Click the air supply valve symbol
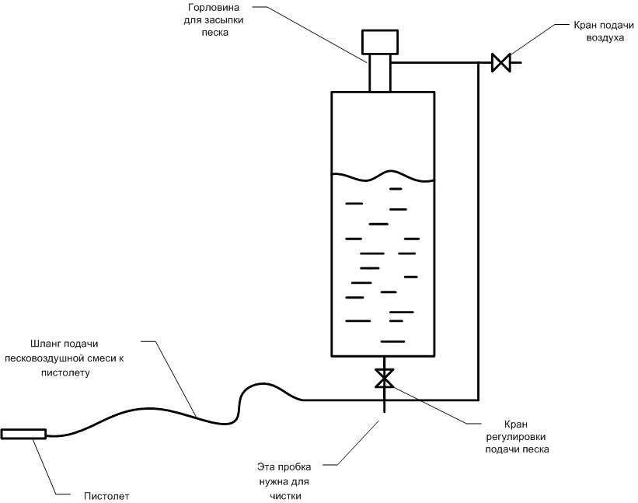click(x=501, y=63)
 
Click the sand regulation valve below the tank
click(x=384, y=378)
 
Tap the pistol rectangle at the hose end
click(x=23, y=435)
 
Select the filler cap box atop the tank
click(x=380, y=42)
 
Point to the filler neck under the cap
click(x=380, y=73)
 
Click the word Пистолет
click(x=106, y=496)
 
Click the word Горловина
click(x=214, y=8)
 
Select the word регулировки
click(x=516, y=437)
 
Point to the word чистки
click(x=285, y=496)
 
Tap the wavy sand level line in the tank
click(x=383, y=176)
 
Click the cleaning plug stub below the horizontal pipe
click(x=384, y=406)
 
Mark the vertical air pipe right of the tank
click(x=478, y=231)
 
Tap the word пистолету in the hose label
click(x=65, y=373)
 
